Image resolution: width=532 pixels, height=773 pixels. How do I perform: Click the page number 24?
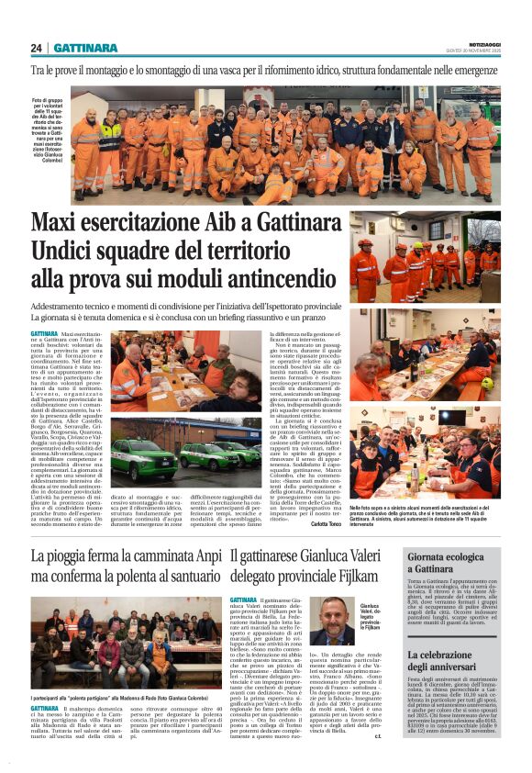(37, 48)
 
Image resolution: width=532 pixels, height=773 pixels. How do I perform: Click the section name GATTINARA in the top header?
(84, 48)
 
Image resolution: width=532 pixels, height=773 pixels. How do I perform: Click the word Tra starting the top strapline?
(39, 70)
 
